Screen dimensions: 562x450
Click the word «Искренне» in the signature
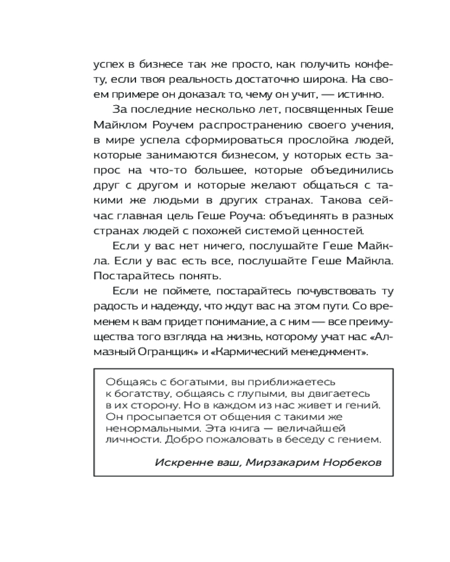pos(175,462)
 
